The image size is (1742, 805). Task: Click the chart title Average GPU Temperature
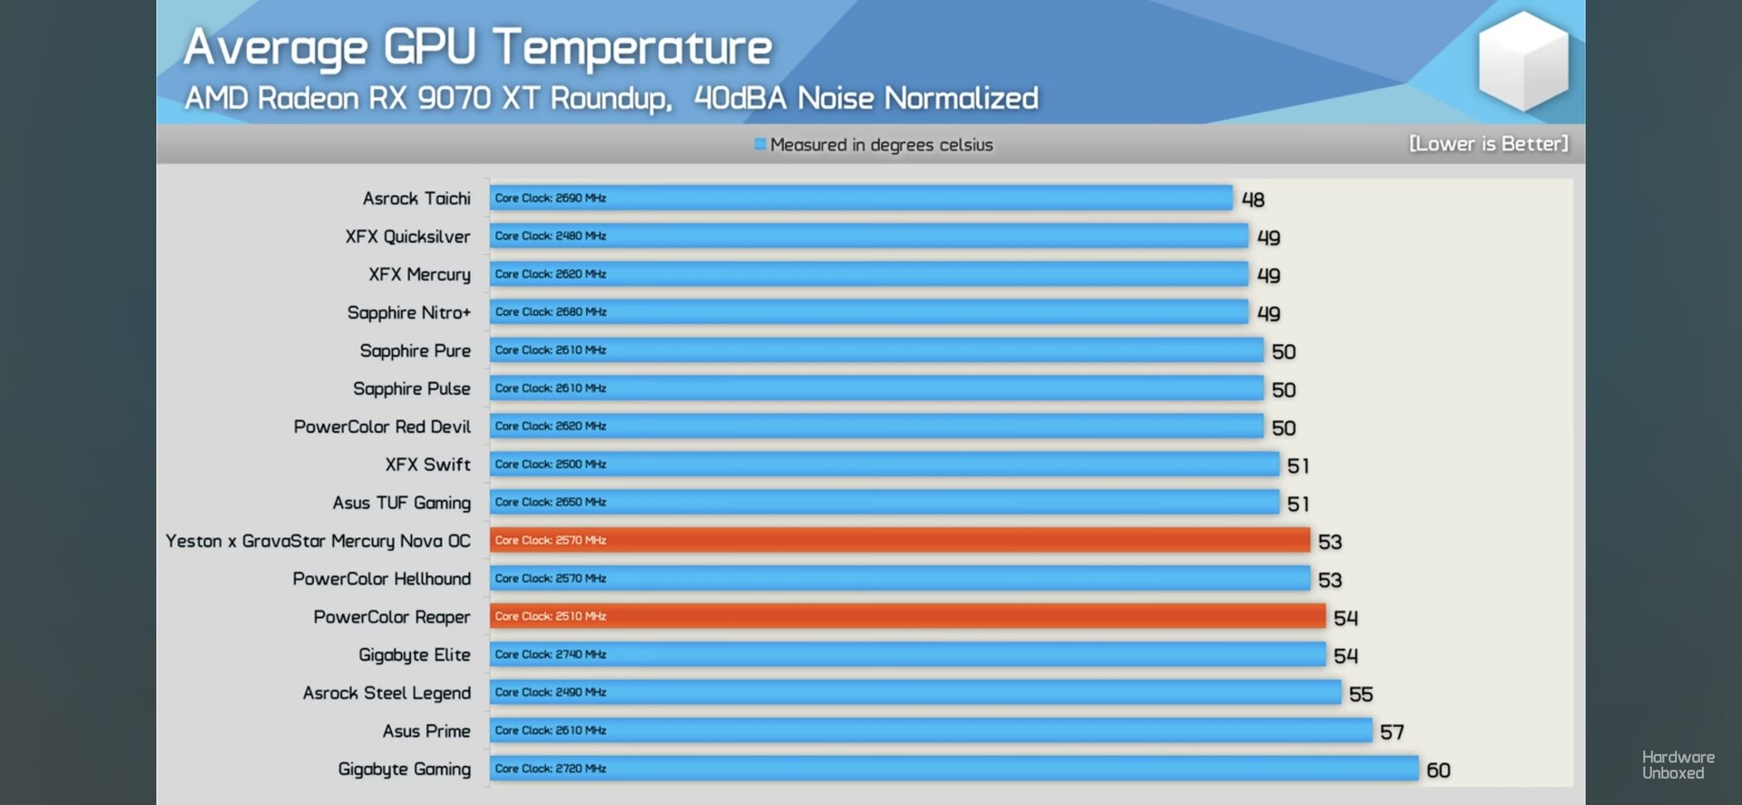coord(478,48)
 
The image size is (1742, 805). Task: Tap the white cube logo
coord(1523,61)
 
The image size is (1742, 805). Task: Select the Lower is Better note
coord(1488,143)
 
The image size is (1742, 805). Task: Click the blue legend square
coord(760,144)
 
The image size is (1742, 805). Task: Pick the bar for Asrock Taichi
coord(861,198)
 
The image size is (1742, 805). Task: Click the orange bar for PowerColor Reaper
coord(907,616)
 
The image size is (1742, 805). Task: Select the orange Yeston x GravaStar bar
coord(900,540)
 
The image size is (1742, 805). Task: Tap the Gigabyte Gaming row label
coord(405,770)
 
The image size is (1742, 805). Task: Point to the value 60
coord(1438,771)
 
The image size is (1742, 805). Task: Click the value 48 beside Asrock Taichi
coord(1253,200)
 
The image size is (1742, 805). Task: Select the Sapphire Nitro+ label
coord(409,313)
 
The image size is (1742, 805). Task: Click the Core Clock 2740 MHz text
coord(551,654)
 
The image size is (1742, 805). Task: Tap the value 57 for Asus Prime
coord(1392,732)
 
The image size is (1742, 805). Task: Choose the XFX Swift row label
coord(428,465)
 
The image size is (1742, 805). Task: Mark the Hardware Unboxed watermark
coord(1678,765)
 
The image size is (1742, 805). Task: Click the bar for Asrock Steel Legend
coord(915,692)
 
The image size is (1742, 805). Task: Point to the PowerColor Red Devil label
coord(383,427)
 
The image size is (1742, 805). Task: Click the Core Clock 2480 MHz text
coord(551,236)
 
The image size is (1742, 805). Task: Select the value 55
coord(1361,694)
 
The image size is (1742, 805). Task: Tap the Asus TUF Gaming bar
coord(885,502)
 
